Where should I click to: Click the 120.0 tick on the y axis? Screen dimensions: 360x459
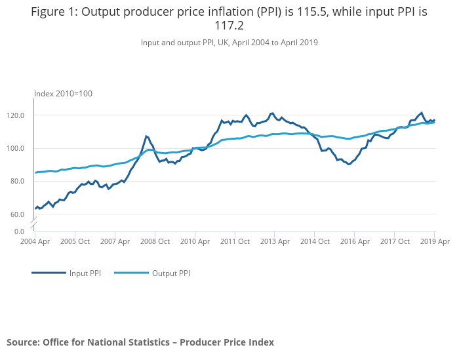(x=16, y=115)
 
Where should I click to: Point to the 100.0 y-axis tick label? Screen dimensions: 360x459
(x=16, y=148)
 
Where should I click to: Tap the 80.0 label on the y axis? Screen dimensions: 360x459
(x=17, y=181)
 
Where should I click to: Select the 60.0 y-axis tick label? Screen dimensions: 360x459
(x=17, y=214)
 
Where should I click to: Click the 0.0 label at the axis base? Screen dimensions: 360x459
(x=19, y=231)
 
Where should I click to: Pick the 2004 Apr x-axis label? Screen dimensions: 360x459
(x=34, y=241)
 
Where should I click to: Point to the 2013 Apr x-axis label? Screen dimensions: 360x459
(x=274, y=241)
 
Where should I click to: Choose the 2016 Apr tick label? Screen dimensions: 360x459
(x=354, y=241)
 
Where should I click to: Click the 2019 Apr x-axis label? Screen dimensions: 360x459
(x=434, y=241)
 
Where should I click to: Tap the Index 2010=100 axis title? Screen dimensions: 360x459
(x=63, y=94)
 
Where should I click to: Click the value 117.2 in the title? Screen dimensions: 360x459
(x=229, y=26)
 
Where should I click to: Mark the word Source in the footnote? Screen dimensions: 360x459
(x=22, y=342)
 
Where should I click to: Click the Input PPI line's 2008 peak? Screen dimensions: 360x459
(x=146, y=136)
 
